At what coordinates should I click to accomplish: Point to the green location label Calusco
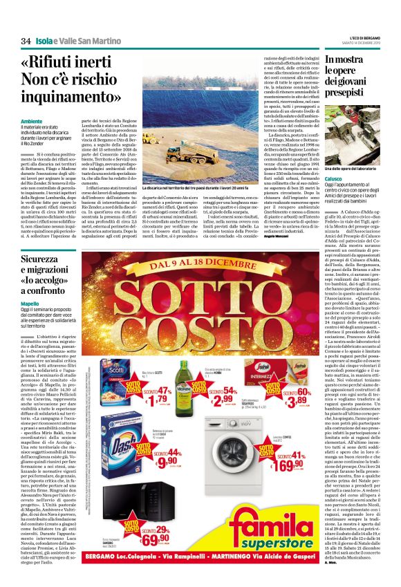point(335,176)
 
